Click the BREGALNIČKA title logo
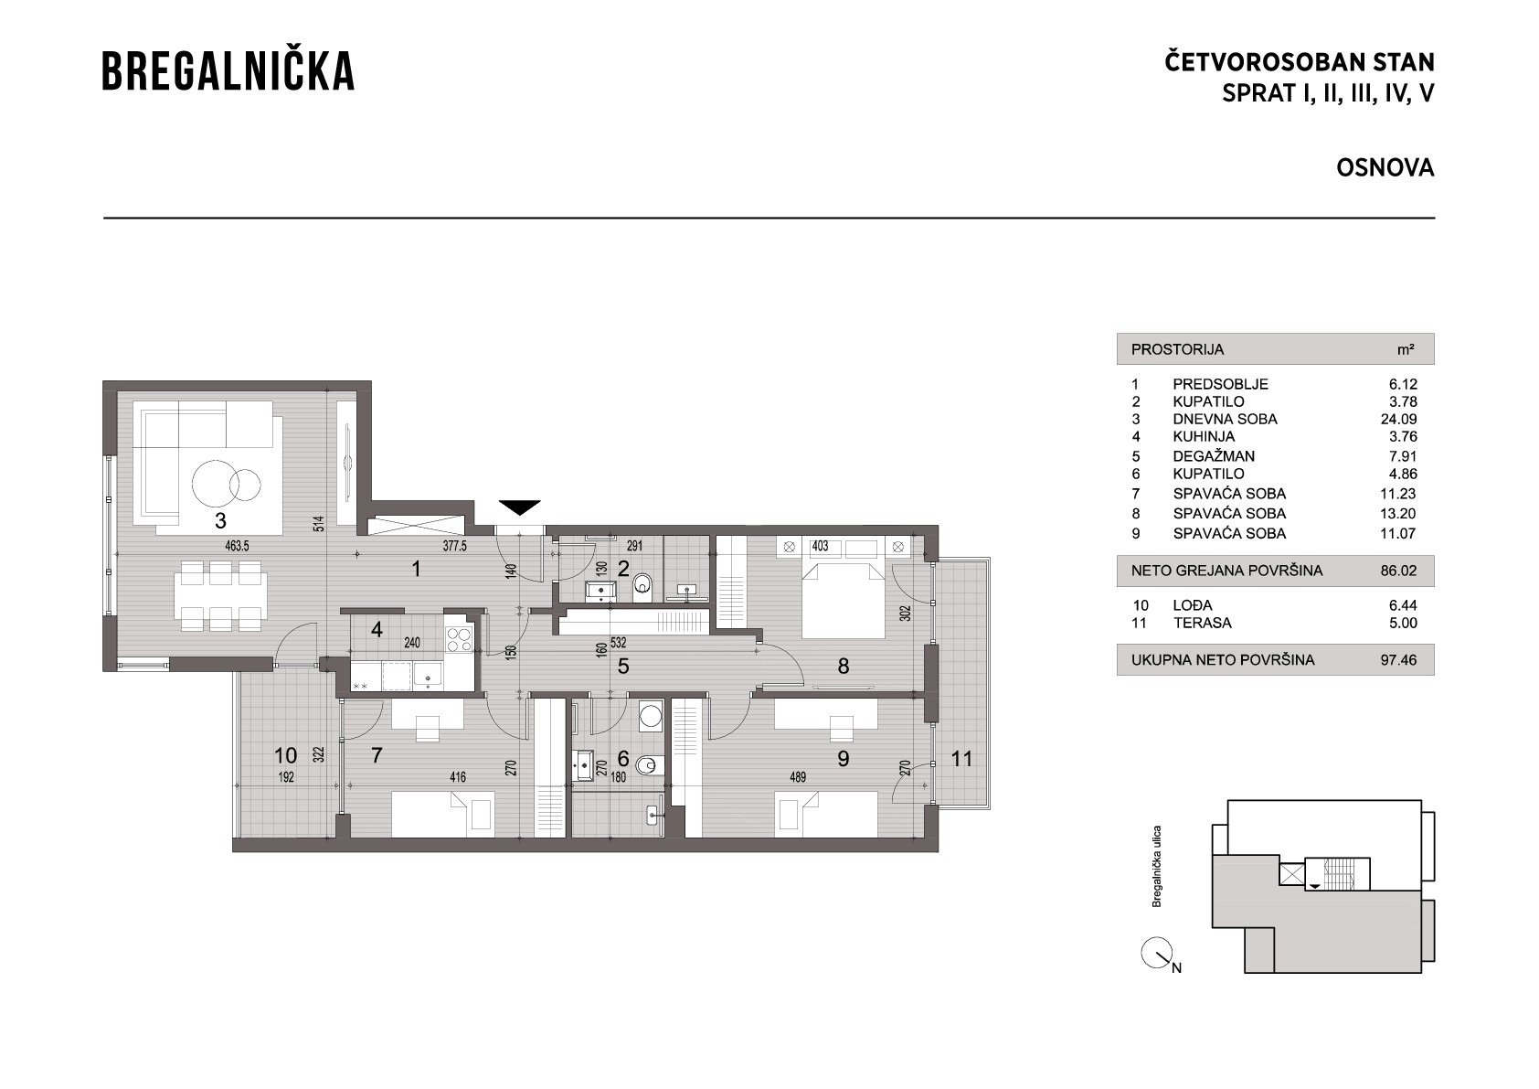[228, 69]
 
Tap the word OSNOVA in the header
[1385, 167]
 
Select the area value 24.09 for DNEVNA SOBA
[1398, 419]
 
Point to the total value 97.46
[1398, 660]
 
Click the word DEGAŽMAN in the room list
[1214, 456]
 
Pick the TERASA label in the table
[1203, 623]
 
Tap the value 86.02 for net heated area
[1398, 571]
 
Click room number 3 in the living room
[220, 521]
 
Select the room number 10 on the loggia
[285, 755]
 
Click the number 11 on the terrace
[961, 758]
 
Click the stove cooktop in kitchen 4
[459, 640]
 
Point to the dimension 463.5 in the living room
[237, 546]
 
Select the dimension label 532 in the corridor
[618, 643]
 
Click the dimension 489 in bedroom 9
[798, 777]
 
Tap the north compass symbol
[1156, 954]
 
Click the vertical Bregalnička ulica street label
[1156, 866]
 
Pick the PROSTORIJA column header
[1178, 349]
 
